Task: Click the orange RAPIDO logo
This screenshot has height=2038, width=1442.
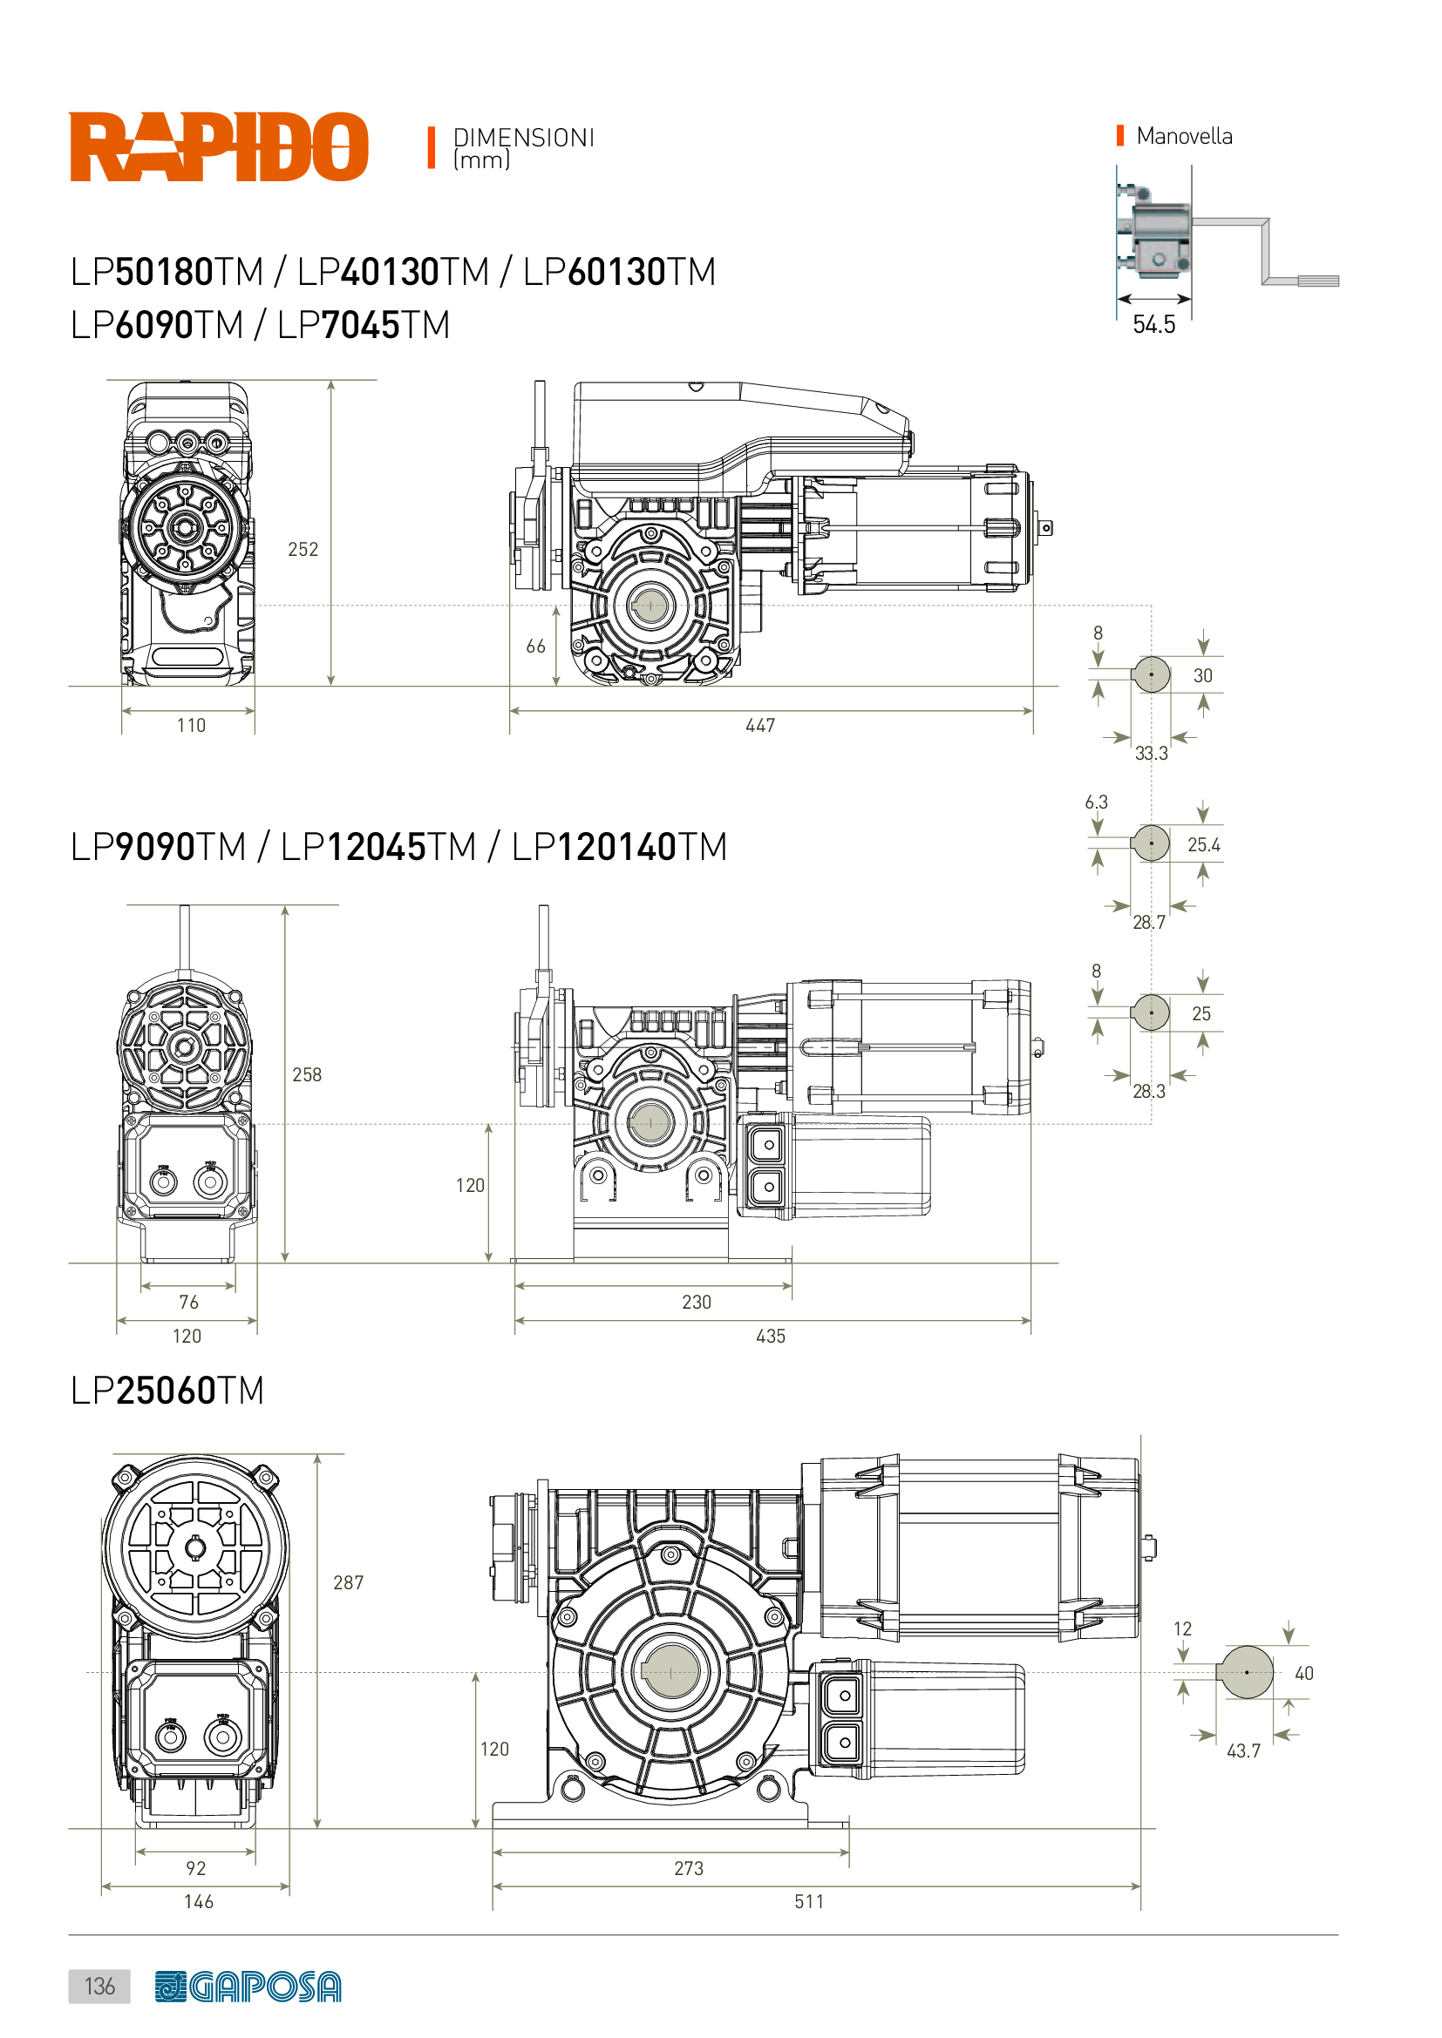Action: coord(219,146)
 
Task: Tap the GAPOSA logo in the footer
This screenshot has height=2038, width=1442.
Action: coord(248,1987)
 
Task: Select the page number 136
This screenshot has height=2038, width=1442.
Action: coord(99,1986)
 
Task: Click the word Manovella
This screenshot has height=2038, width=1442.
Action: coord(1184,136)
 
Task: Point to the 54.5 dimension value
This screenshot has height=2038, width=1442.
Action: coord(1153,324)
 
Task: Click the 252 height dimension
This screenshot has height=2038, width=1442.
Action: coord(303,550)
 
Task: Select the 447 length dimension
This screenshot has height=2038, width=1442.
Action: coord(760,725)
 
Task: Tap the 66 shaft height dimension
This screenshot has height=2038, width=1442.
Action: coord(535,647)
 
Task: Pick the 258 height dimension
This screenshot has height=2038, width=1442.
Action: coord(306,1074)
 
